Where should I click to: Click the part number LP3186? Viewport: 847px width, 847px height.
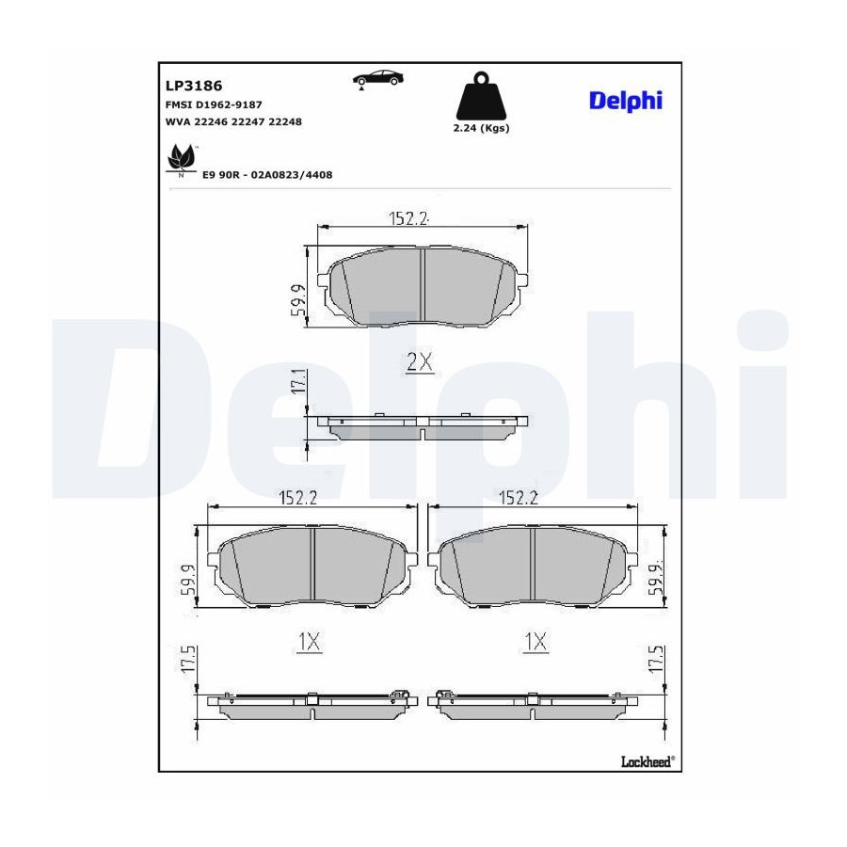point(193,86)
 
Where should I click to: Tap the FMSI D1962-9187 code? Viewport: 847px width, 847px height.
point(214,104)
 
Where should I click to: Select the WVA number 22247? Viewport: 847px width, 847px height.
point(248,122)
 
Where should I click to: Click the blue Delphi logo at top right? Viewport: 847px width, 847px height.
point(626,101)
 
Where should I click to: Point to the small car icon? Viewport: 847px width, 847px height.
point(377,79)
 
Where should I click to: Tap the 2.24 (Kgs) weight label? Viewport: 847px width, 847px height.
point(481,128)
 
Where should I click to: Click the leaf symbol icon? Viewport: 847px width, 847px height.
point(181,160)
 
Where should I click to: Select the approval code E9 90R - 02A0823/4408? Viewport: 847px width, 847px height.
point(267,175)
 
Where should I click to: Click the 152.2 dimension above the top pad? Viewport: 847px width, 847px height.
point(408,218)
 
